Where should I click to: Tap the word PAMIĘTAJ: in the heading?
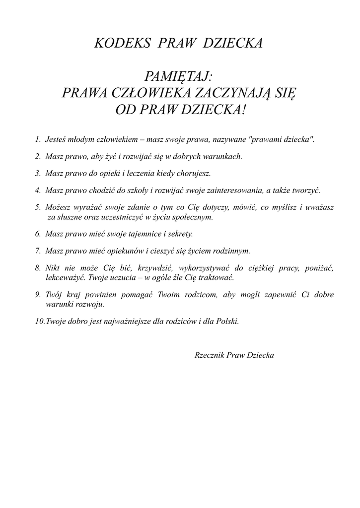pyautogui.click(x=179, y=76)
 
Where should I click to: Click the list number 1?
pyautogui.click(x=37, y=139)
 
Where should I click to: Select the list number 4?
pyautogui.click(x=37, y=190)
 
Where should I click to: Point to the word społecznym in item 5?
pyautogui.click(x=194, y=217)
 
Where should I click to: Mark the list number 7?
pyautogui.click(x=37, y=251)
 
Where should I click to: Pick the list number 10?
pyautogui.click(x=40, y=321)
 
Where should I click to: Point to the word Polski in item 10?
pyautogui.click(x=227, y=321)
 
